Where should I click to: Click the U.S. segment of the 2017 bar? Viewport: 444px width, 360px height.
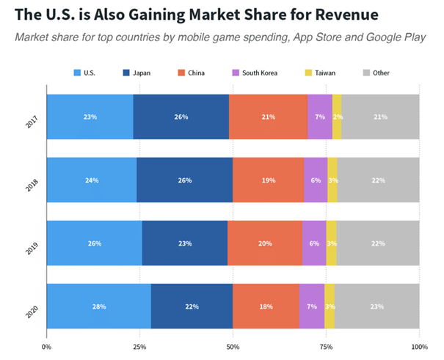coord(90,116)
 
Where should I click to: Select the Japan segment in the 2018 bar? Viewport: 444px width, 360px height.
coord(184,179)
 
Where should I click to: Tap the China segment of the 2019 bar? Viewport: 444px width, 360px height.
coord(265,242)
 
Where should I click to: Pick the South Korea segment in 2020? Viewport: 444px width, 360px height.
coord(312,305)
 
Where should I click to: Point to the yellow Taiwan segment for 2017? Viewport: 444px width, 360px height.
coord(337,116)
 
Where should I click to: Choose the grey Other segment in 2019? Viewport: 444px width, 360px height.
coord(378,242)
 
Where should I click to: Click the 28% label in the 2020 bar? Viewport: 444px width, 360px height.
coord(98,305)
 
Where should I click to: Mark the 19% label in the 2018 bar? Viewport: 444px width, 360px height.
coord(269,179)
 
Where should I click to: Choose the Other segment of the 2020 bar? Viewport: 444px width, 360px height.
coord(376,305)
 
